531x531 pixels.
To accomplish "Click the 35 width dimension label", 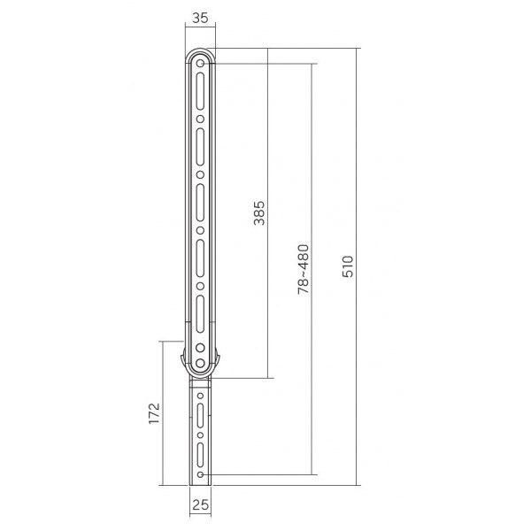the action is pyautogui.click(x=200, y=18).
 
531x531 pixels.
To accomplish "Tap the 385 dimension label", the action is pyautogui.click(x=259, y=213).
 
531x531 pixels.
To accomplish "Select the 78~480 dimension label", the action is pyautogui.click(x=304, y=269).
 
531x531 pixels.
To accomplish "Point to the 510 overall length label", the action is pyautogui.click(x=348, y=266).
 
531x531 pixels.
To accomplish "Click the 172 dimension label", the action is pyautogui.click(x=154, y=412).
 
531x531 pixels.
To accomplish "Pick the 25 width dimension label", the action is pyautogui.click(x=201, y=505).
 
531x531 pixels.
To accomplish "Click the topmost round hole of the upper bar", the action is pyautogui.click(x=200, y=64).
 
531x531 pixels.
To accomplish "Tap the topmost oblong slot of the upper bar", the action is pyautogui.click(x=200, y=91).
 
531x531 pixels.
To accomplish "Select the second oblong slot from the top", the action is pyautogui.click(x=200, y=147).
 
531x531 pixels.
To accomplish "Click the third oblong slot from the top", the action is pyautogui.click(x=200, y=203).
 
